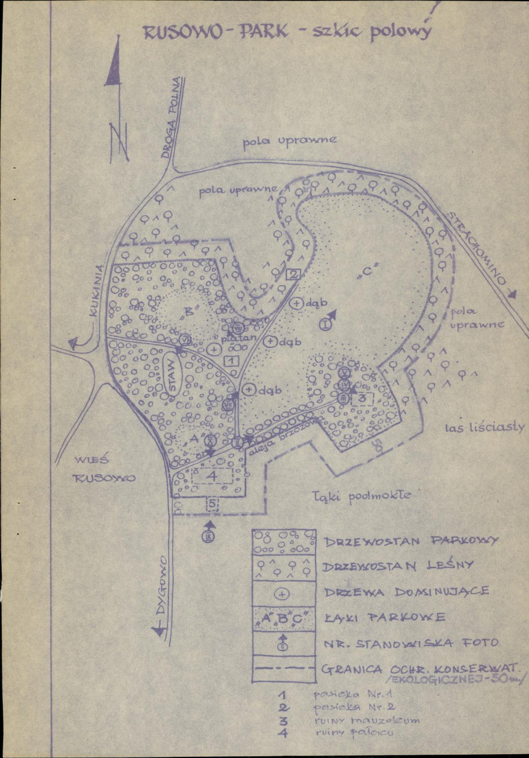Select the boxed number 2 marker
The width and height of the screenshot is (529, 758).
click(293, 274)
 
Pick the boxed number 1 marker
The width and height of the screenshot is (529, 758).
click(231, 361)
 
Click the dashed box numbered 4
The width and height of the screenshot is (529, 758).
click(212, 475)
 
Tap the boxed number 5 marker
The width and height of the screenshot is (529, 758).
click(212, 504)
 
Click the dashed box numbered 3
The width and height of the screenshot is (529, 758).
click(362, 399)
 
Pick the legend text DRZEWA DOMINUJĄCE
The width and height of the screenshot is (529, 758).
click(406, 592)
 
